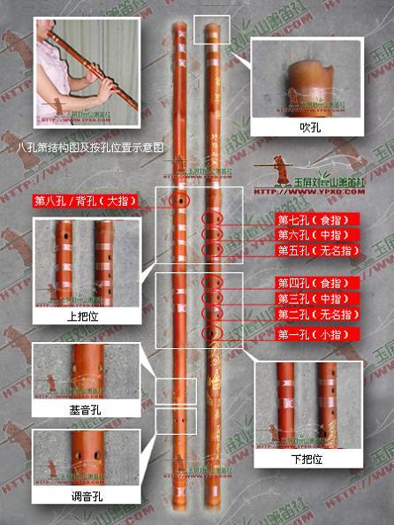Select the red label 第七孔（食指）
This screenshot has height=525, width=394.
coord(315,219)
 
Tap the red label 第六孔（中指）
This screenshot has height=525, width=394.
coord(315,234)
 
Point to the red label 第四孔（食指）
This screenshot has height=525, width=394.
coord(315,284)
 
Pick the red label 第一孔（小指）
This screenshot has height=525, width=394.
coord(315,334)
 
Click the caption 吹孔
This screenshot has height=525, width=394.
coord(309,128)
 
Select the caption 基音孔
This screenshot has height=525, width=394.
coord(80,409)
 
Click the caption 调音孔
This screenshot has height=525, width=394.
coord(80,497)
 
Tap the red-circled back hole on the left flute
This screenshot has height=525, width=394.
coord(180,202)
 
